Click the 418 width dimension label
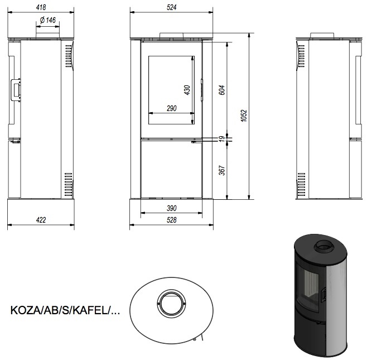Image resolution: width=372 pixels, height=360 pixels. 41,7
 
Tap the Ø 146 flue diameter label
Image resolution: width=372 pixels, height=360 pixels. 48,20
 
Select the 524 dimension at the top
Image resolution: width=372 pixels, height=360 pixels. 172,7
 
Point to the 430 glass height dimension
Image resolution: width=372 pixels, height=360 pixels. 187,90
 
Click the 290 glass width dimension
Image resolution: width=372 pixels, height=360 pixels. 172,108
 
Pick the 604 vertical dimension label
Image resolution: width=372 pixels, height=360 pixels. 221,90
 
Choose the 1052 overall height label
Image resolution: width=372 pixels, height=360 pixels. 244,116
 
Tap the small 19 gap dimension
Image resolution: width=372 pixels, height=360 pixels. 221,138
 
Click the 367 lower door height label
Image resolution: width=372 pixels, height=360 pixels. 221,170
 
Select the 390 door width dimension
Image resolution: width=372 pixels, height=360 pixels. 172,208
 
